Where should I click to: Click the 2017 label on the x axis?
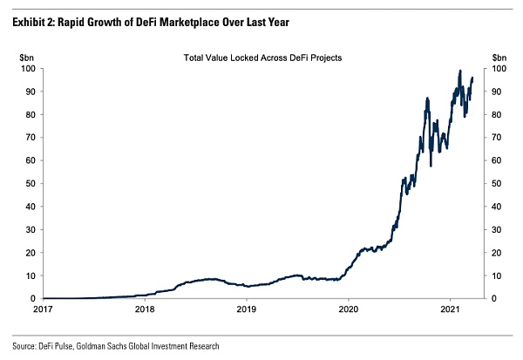(x=43, y=309)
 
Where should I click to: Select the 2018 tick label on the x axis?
(x=145, y=309)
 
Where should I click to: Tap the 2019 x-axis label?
(x=247, y=309)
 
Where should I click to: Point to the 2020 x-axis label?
(x=349, y=309)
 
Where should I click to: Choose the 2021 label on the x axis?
(x=451, y=309)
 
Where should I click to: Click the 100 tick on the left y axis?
(x=27, y=68)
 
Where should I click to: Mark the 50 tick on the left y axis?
(x=29, y=183)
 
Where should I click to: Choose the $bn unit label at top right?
(x=499, y=57)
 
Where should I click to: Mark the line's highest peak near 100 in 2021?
(x=459, y=71)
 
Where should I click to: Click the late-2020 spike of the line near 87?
(x=427, y=98)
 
